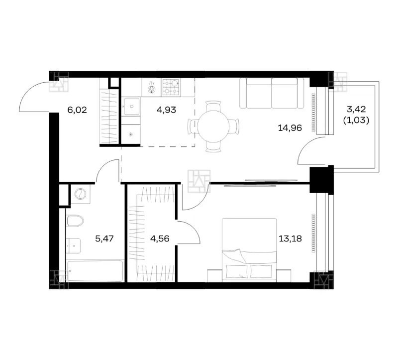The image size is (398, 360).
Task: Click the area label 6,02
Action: (x=77, y=110)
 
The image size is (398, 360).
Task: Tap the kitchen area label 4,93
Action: (x=166, y=110)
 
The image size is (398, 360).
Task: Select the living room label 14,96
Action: (x=290, y=128)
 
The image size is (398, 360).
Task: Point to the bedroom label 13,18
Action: (x=290, y=239)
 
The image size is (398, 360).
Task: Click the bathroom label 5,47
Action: (x=104, y=239)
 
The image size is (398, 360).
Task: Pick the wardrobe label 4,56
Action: (x=160, y=239)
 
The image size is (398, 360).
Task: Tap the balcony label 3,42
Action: (x=356, y=110)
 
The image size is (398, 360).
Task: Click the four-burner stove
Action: (x=171, y=87)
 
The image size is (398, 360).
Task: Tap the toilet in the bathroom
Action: (x=75, y=221)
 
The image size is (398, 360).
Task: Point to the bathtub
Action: (x=95, y=271)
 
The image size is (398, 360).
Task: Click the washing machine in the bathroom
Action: (x=81, y=194)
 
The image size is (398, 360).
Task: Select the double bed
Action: (x=249, y=250)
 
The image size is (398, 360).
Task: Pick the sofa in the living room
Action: (x=272, y=93)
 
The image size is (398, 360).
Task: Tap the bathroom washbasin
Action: (x=73, y=246)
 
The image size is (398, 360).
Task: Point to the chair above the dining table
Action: (x=213, y=106)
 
